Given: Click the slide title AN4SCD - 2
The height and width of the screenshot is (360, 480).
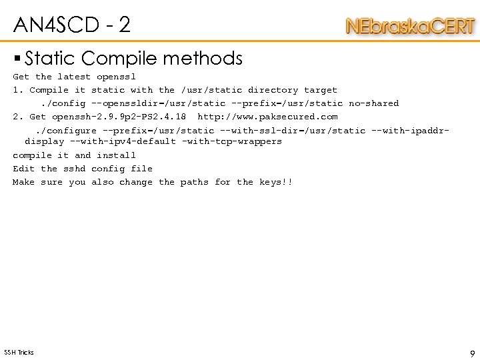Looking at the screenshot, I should [72, 25].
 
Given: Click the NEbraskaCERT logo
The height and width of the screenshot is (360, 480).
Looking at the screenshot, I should [410, 27].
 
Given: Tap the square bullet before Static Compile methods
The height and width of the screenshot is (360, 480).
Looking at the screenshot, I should [17, 59].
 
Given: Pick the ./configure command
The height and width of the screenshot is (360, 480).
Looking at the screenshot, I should [65, 131].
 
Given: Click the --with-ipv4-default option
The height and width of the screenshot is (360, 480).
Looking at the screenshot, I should [122, 141].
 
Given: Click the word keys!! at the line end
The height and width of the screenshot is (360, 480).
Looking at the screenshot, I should [275, 182].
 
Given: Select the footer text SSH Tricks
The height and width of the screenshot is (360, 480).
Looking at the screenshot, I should [19, 352].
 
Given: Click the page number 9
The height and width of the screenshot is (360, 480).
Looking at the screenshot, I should [472, 353].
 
